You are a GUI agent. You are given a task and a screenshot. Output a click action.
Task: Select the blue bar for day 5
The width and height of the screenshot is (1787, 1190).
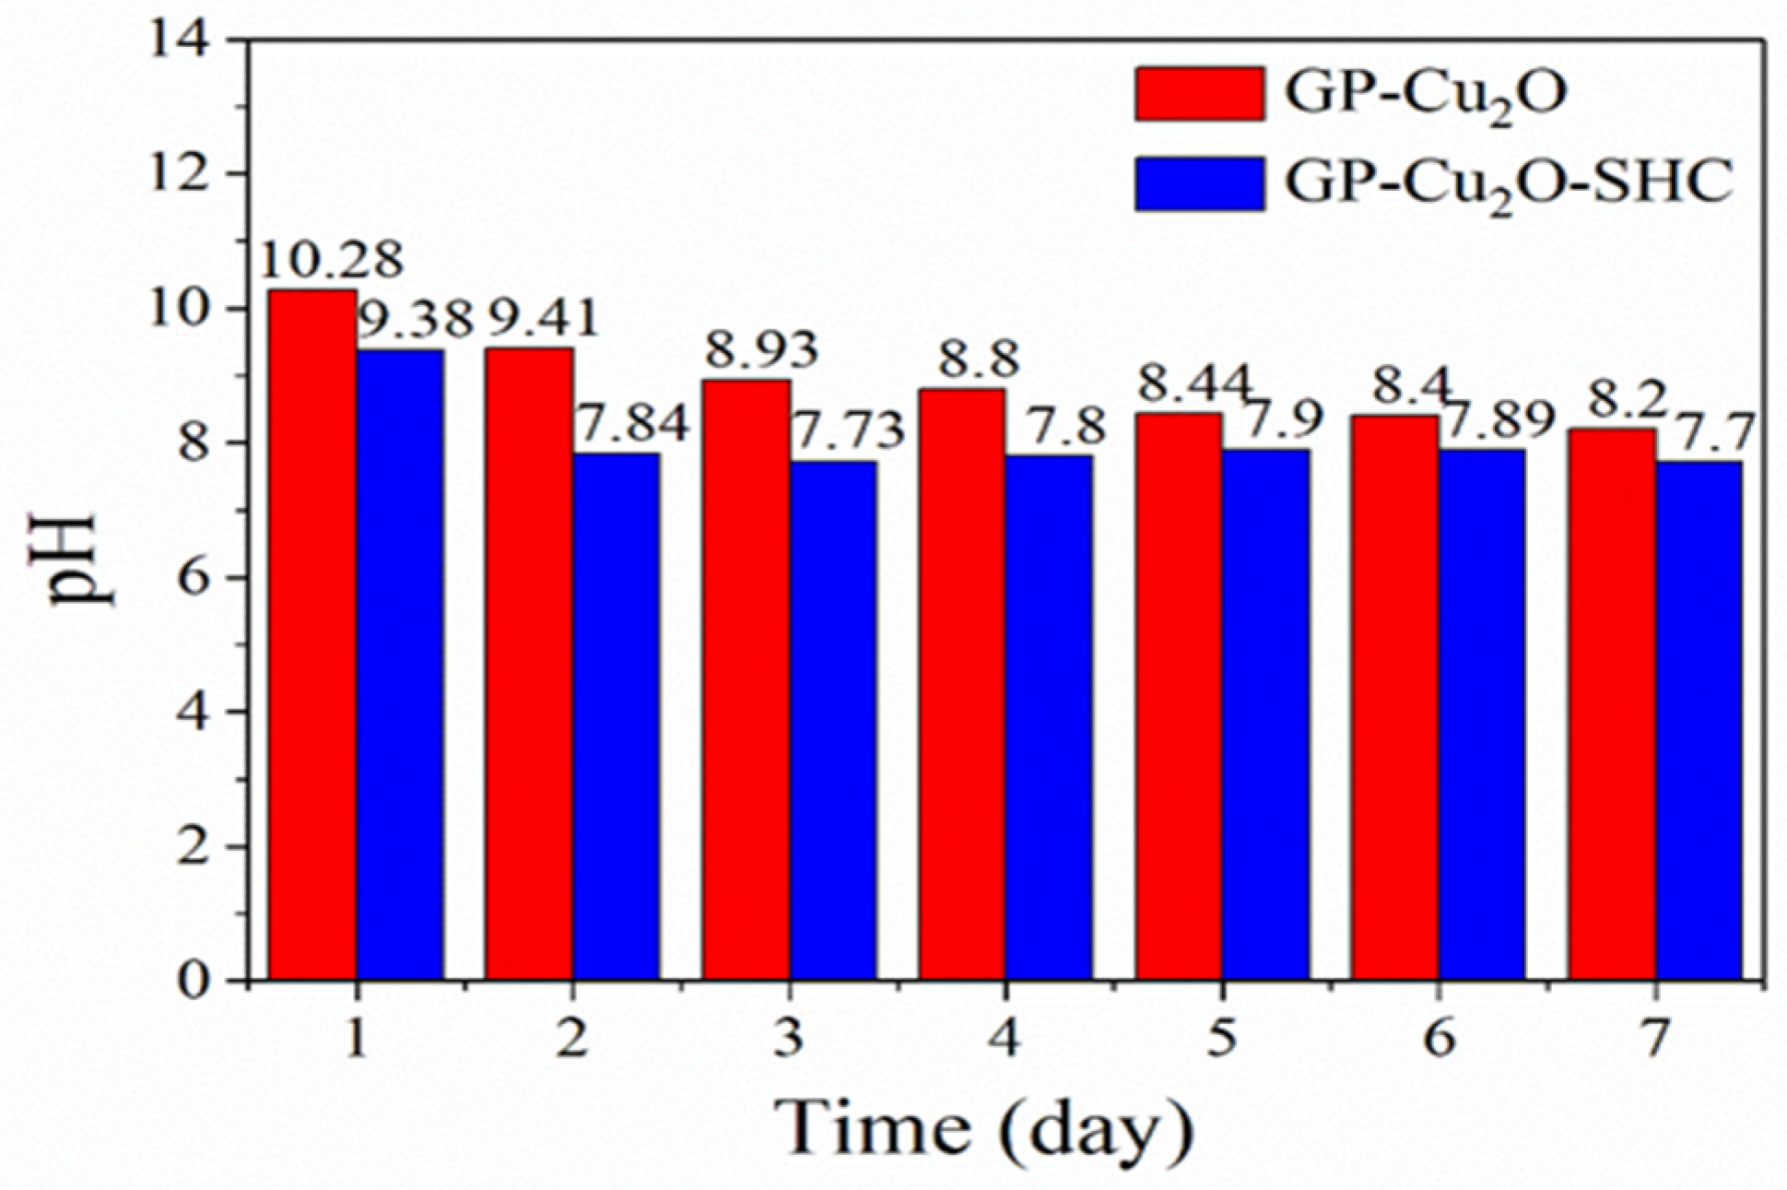(1265, 715)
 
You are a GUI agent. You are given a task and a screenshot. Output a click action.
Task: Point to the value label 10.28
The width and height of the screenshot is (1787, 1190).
(332, 260)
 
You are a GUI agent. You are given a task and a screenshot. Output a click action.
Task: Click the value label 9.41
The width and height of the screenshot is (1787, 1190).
(543, 320)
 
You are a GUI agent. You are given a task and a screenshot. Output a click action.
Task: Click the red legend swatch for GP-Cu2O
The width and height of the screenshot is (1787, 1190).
(1198, 93)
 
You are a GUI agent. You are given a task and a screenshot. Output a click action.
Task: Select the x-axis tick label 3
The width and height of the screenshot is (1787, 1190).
(788, 1039)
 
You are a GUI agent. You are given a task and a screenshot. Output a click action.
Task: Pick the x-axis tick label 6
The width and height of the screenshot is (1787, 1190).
(1439, 1039)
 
